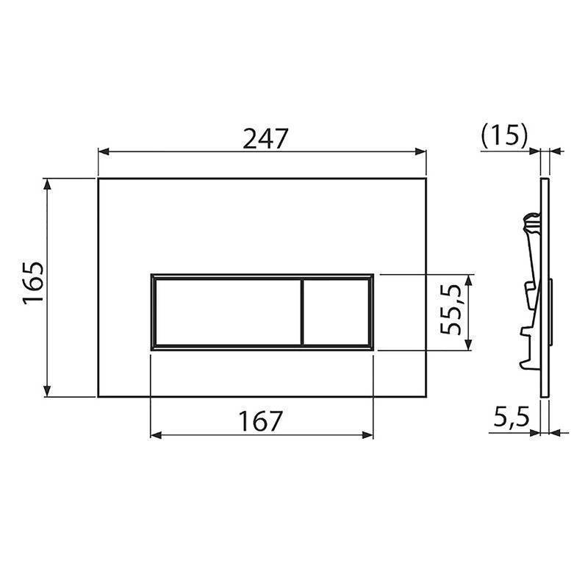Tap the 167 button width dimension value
pos(261,421)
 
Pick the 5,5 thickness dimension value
pos(512,420)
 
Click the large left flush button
pos(226,312)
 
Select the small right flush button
pos(335,312)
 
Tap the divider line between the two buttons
pos(301,312)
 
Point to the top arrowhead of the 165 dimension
pos(49,183)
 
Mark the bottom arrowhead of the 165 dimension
pos(49,391)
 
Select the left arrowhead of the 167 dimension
pos(155,434)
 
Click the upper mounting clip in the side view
pos(531,224)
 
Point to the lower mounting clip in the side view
pos(529,345)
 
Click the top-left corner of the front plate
pos(98,178)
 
